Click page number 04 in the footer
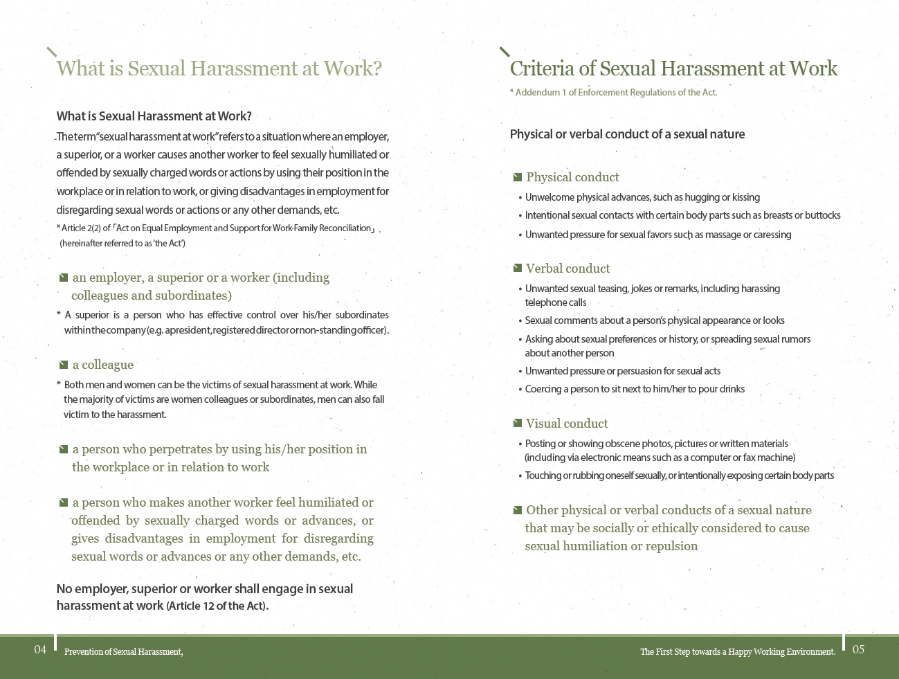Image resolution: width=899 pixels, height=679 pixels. (40, 649)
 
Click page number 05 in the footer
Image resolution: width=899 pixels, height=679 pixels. (858, 649)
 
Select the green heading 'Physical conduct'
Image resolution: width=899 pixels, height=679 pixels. (572, 177)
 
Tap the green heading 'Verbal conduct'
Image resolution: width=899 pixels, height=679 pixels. (567, 269)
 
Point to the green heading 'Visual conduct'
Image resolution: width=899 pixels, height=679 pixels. (567, 424)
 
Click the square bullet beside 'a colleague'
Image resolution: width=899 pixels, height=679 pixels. (64, 365)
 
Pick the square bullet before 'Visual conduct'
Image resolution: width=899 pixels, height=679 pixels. (517, 423)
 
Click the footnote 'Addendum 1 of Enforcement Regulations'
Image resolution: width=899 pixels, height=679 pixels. (613, 93)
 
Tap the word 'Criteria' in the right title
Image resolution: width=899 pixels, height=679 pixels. (542, 69)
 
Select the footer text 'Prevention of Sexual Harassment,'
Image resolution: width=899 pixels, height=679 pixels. (123, 651)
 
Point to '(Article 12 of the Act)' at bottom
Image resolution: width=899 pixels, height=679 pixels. (217, 606)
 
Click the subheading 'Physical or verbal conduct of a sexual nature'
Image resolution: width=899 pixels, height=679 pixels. (627, 134)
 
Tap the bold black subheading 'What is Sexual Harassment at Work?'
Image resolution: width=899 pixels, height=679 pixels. (154, 116)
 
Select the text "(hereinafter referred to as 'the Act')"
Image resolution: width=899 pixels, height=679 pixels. (122, 243)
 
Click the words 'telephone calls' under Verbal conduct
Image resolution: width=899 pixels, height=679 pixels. (555, 302)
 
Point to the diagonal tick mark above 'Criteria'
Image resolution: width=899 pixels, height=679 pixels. (505, 52)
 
